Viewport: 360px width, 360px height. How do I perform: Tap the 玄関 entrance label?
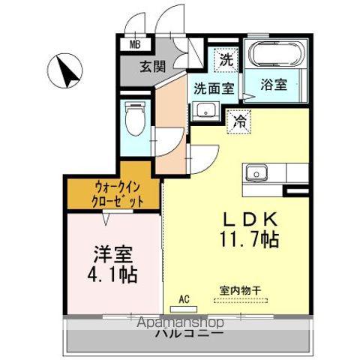pos(151,66)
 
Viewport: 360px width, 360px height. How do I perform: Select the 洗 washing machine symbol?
pos(226,58)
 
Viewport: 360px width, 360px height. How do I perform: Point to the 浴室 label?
pos(274,85)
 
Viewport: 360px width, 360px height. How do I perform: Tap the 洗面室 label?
pos(214,88)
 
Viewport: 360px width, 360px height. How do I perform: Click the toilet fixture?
pos(135,118)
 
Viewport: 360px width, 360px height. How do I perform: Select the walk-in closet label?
pos(114,193)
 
